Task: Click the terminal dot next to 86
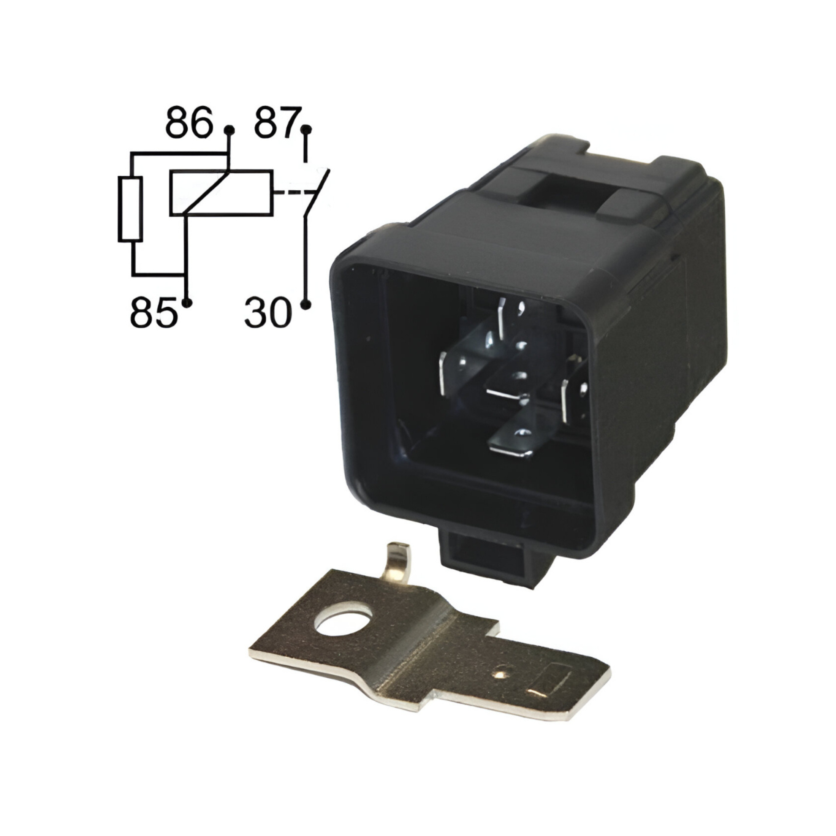click(x=230, y=130)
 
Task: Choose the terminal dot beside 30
click(x=306, y=305)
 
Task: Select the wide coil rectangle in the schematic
click(x=222, y=193)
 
